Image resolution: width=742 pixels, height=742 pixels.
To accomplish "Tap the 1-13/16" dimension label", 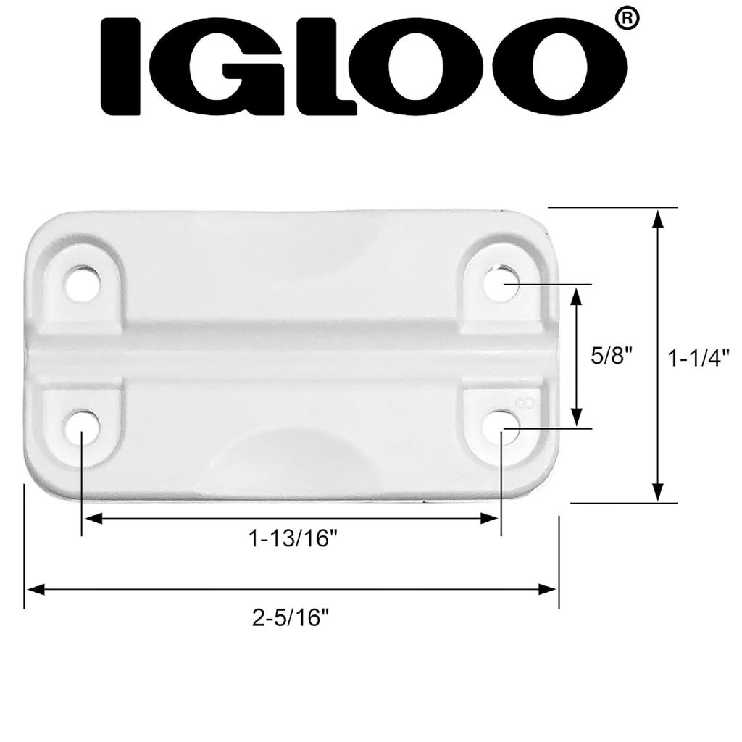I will coord(293,539).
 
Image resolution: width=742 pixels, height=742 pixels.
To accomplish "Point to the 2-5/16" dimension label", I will coord(291,618).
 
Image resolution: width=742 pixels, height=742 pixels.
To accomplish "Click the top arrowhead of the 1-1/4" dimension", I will coord(657,218).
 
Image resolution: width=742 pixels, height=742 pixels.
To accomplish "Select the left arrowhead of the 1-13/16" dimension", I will coord(92,519).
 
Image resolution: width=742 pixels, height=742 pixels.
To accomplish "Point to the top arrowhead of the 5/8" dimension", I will coord(577,295).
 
